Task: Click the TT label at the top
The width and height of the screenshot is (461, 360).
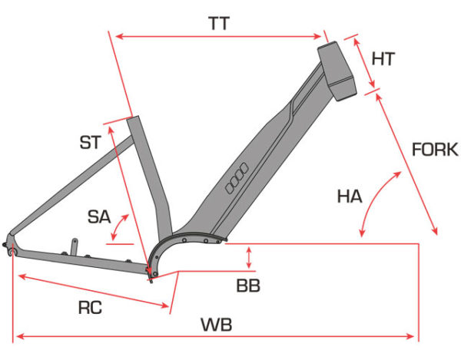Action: [219, 24]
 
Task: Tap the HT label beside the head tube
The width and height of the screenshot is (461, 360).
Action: [383, 59]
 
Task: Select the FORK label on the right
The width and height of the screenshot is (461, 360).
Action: [435, 150]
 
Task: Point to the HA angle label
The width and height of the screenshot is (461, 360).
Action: [350, 197]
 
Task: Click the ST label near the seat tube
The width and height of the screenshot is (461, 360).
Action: [91, 143]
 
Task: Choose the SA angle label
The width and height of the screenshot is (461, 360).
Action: [99, 217]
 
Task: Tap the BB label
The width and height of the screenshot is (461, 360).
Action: [248, 286]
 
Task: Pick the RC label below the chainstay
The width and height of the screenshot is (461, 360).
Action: [90, 308]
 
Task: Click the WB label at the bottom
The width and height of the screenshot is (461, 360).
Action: [217, 325]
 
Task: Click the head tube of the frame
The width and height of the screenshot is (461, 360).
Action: [337, 71]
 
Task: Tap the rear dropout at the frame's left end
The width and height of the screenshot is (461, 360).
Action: [9, 245]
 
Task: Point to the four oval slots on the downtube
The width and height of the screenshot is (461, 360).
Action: [237, 178]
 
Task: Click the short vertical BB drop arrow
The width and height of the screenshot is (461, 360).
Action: [249, 257]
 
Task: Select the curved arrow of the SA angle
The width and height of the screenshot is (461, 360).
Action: [119, 226]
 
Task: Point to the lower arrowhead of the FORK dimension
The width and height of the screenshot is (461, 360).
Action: [435, 230]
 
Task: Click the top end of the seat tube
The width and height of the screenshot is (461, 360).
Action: [133, 118]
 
